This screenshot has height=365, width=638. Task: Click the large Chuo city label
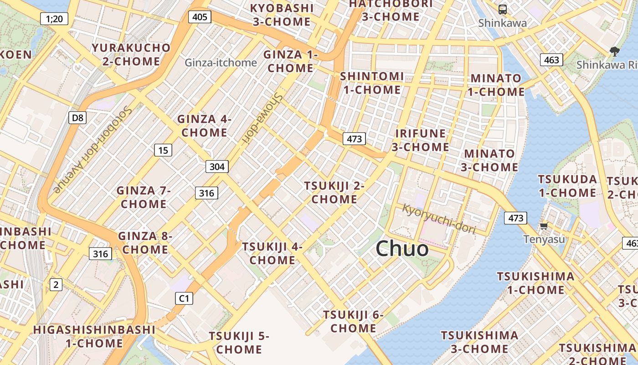(x=402, y=249)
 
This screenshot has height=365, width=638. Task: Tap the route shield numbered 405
(x=200, y=17)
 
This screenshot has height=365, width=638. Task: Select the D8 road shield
(x=78, y=118)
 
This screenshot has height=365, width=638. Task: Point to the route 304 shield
(x=217, y=167)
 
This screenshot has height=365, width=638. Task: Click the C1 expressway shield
(x=184, y=299)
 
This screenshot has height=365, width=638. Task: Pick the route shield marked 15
(x=163, y=150)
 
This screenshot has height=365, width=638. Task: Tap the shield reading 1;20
(x=54, y=19)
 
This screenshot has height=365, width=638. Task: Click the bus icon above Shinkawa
(x=502, y=9)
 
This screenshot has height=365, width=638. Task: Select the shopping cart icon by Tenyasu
(x=544, y=226)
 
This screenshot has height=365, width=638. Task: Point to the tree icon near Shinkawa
(x=614, y=52)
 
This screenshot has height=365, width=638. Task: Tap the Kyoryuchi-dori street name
(x=439, y=219)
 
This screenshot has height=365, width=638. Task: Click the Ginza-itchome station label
(x=221, y=63)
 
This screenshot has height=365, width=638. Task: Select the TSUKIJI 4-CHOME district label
(x=272, y=253)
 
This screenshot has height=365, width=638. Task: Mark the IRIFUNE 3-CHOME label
(x=420, y=140)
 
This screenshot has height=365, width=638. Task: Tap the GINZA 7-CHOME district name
(x=143, y=197)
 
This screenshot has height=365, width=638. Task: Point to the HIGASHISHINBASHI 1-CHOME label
(x=94, y=336)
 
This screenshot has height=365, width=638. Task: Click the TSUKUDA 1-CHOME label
(x=567, y=186)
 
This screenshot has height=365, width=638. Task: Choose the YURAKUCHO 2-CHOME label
(x=131, y=54)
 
